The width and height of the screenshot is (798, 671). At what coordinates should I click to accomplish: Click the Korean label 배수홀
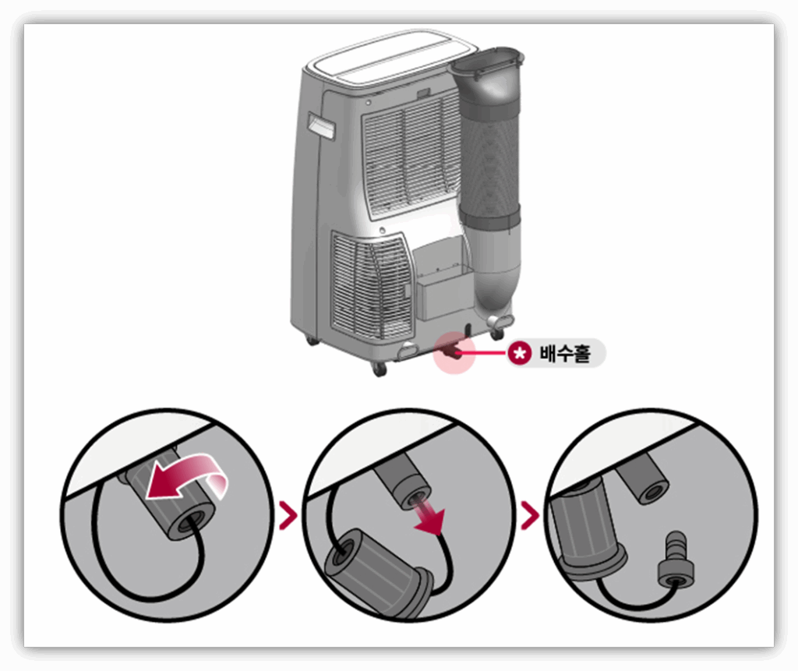point(565,353)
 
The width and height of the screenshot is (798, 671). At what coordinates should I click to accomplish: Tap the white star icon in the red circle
point(520,353)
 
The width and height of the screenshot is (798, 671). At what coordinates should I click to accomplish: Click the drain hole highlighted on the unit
point(452,351)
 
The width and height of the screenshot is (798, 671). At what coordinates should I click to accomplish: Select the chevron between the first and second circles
point(288,516)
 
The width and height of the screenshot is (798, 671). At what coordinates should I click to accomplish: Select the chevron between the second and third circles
point(530,516)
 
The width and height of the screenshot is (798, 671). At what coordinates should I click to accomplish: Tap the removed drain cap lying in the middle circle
point(380,572)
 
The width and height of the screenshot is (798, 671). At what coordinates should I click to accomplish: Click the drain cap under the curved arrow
point(172,499)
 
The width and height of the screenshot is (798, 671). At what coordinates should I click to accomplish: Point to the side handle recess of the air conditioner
point(321,126)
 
